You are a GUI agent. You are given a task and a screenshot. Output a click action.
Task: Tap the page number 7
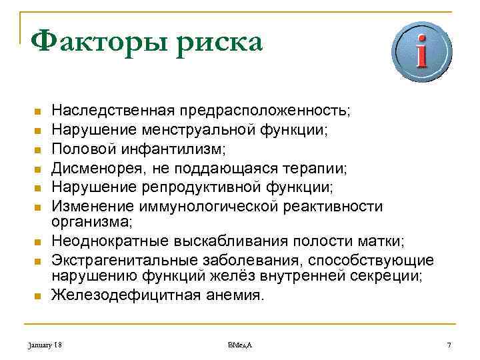[x=450, y=345]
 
